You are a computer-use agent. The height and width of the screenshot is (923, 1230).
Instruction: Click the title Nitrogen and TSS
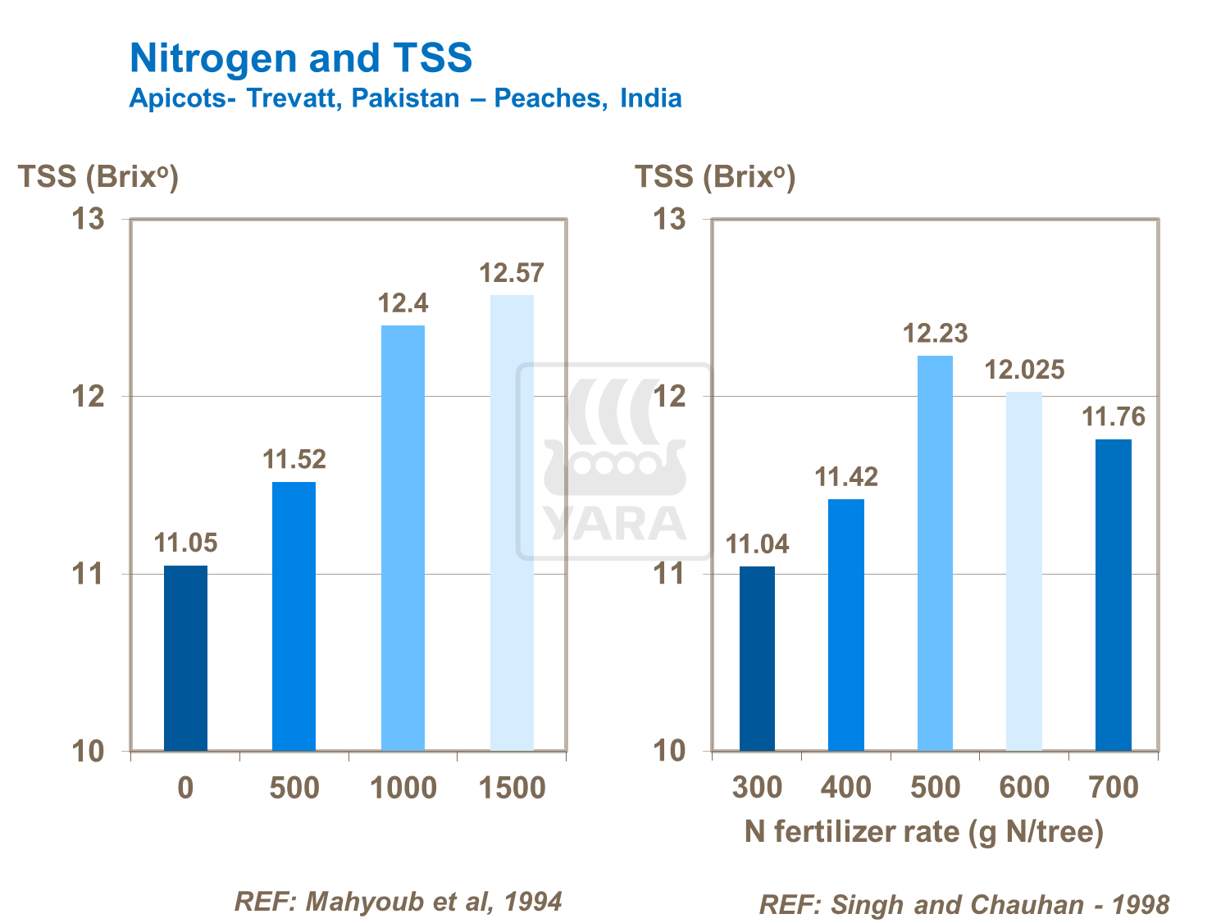click(x=301, y=58)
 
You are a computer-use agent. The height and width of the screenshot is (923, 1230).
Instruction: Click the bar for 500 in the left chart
click(x=294, y=616)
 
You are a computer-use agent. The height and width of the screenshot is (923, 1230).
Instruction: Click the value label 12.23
click(x=935, y=334)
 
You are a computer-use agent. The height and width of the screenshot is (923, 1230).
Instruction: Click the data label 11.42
click(x=845, y=477)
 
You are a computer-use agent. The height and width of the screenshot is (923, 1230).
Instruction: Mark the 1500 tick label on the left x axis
click(x=512, y=788)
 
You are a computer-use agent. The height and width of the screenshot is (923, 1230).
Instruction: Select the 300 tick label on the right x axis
click(x=757, y=788)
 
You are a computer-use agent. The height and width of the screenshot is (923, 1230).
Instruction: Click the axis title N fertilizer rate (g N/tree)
click(x=924, y=832)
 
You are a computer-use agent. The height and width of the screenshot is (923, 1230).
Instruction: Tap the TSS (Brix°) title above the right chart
click(x=715, y=176)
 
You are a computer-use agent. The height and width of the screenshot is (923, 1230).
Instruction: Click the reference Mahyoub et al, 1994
click(x=399, y=902)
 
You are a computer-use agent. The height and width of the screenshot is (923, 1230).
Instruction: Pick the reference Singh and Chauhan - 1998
click(x=964, y=905)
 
